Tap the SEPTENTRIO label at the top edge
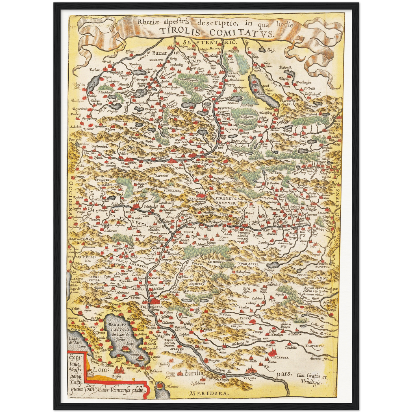[x=211, y=42]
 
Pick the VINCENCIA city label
[x=278, y=357]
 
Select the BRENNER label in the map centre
[x=225, y=203]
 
